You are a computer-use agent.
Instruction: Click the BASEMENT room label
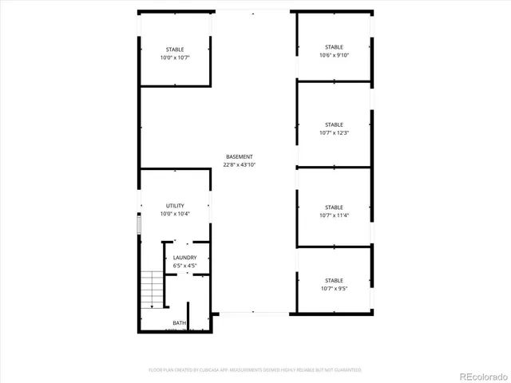(x=239, y=156)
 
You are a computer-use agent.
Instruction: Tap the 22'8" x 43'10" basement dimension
(x=239, y=165)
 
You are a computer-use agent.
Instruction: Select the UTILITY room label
(x=175, y=206)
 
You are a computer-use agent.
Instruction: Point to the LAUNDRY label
(x=185, y=258)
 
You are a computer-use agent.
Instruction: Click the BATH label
(x=179, y=323)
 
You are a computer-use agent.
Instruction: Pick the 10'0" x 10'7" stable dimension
(x=175, y=58)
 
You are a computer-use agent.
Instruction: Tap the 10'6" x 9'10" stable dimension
(x=334, y=55)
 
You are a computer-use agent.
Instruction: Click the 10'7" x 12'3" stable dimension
(x=334, y=133)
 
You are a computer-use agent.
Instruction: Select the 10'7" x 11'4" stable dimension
(x=334, y=215)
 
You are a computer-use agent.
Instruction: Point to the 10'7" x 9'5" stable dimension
(x=334, y=289)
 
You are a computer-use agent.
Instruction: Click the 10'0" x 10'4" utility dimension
(x=175, y=215)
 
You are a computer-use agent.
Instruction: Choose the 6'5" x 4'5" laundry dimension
(x=185, y=267)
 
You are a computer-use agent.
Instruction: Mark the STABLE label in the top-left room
(x=175, y=49)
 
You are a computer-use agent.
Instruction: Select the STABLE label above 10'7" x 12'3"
(x=334, y=124)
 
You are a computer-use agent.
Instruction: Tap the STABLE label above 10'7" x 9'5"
(x=334, y=280)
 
